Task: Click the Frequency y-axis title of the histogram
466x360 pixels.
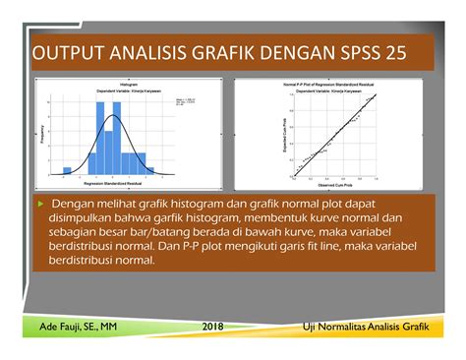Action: tap(44, 133)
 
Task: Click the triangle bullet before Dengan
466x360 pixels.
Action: tap(40, 202)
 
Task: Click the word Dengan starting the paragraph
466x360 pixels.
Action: tap(78, 203)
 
